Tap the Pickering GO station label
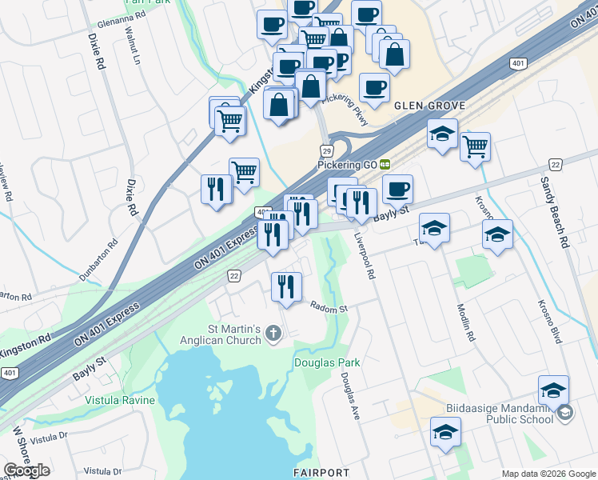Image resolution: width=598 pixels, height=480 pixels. tap(347, 164)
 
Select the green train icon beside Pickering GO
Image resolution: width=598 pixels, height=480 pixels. tap(385, 164)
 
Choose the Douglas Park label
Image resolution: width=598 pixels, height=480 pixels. tap(326, 362)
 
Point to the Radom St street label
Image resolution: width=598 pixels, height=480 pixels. tap(329, 308)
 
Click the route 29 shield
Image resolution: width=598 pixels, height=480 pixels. tap(326, 150)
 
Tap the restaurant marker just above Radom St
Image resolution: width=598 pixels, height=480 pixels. tap(286, 286)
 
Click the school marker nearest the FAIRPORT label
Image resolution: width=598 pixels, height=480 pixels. tap(445, 432)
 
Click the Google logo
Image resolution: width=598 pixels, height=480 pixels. tap(27, 470)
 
